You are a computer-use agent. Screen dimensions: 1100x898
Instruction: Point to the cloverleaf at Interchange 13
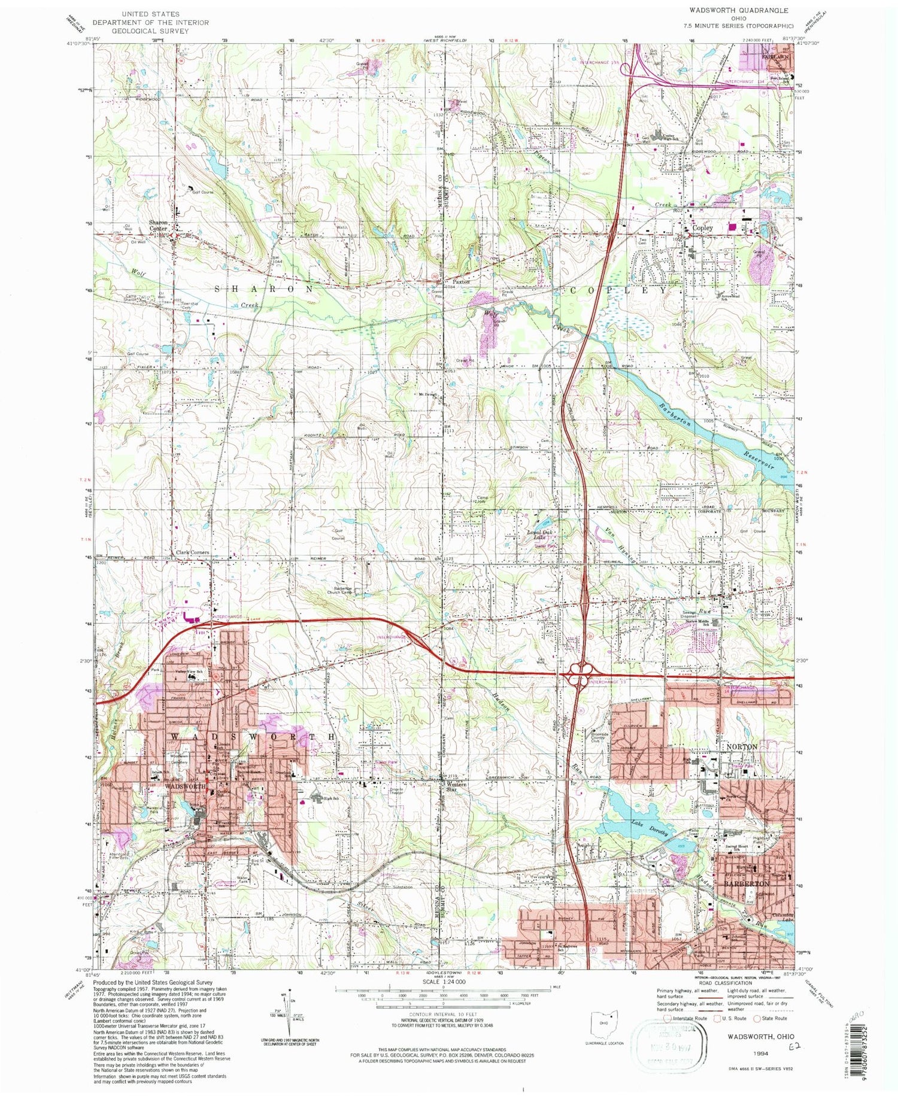pos(579,677)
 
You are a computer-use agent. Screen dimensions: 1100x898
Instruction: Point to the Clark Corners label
pos(192,552)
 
